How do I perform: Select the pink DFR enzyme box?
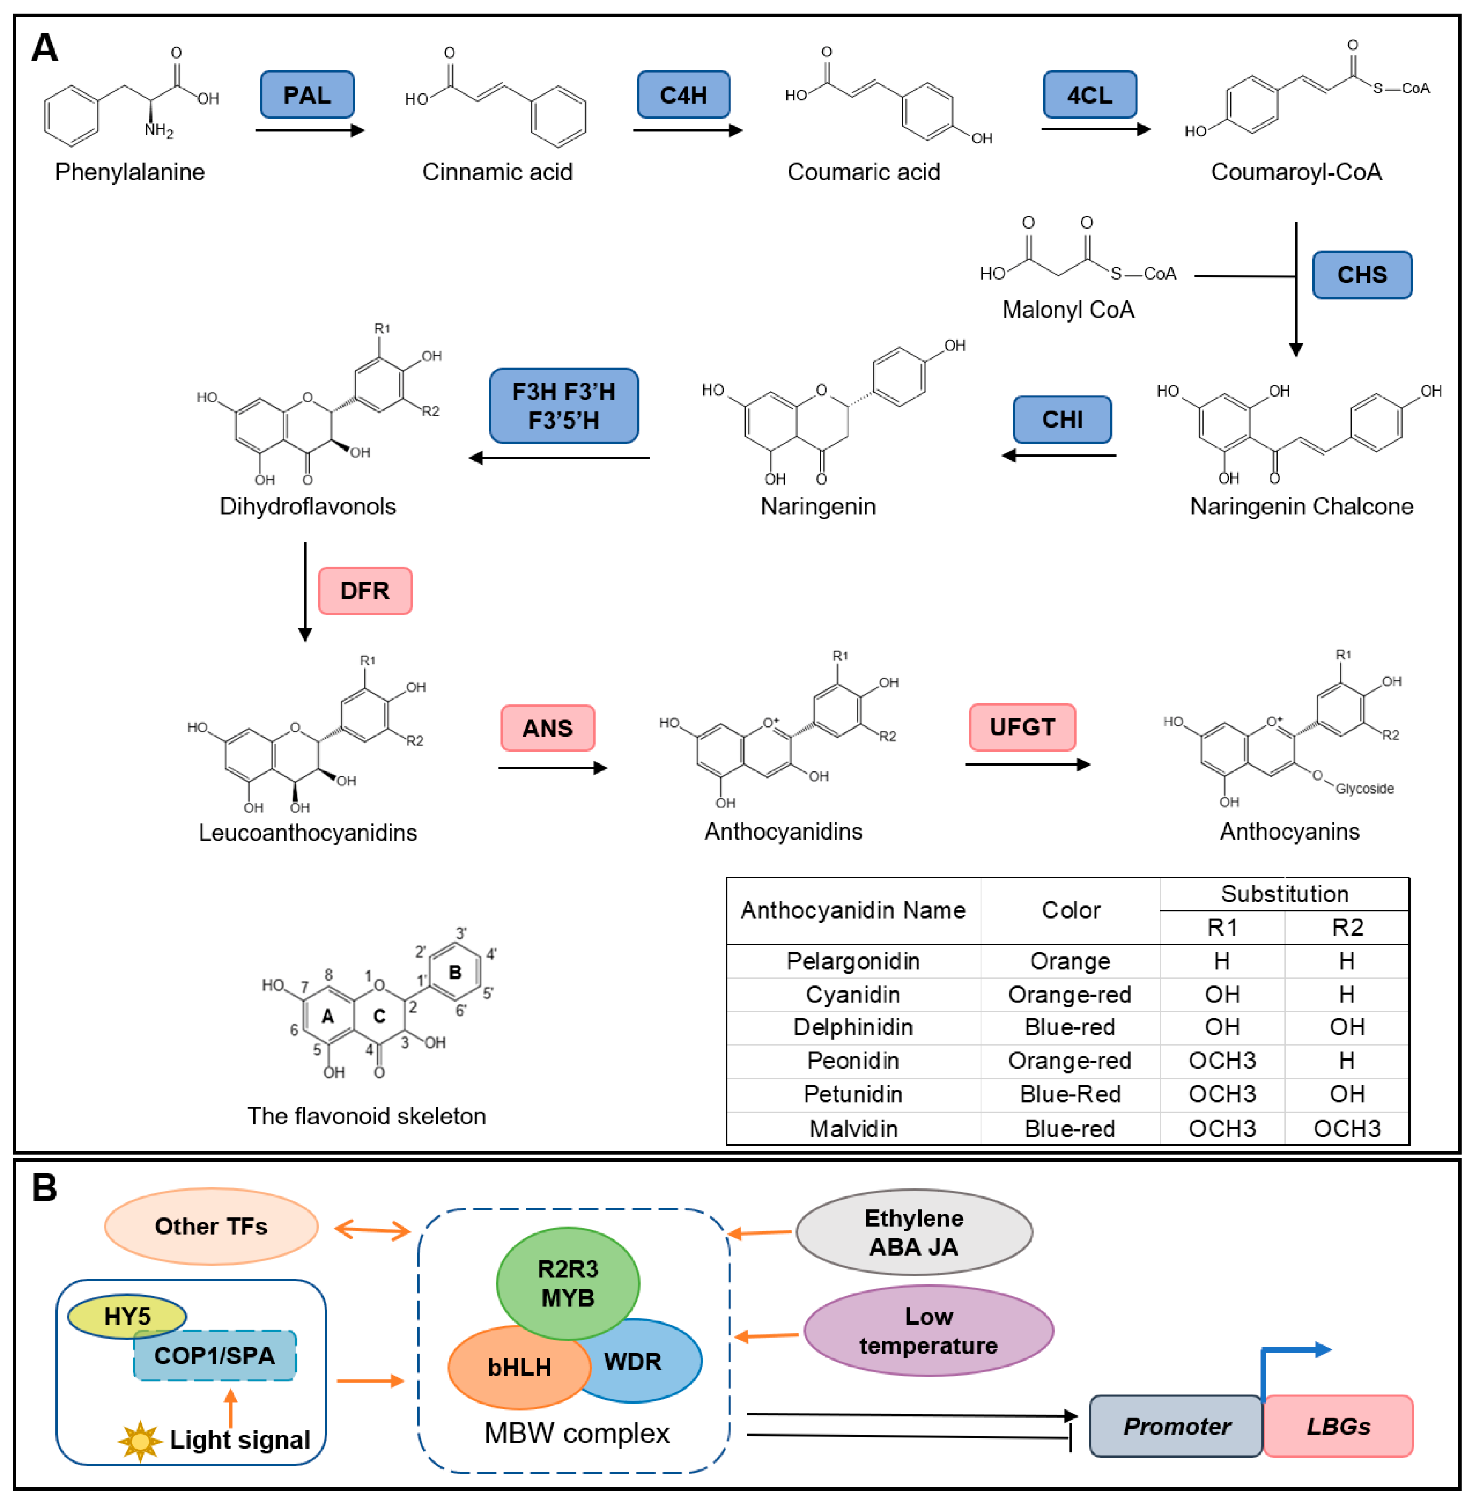pos(365,590)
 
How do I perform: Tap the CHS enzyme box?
pos(1362,275)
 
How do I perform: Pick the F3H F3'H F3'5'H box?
pos(564,405)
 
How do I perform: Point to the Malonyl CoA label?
pos(1068,310)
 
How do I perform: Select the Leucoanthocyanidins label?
pos(307,832)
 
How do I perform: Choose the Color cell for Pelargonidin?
pos(1069,961)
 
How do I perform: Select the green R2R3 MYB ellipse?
pos(568,1283)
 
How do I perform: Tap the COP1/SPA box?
pos(215,1355)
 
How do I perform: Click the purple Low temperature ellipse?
pos(928,1330)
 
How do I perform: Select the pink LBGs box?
pos(1338,1426)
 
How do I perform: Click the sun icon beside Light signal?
pos(140,1440)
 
